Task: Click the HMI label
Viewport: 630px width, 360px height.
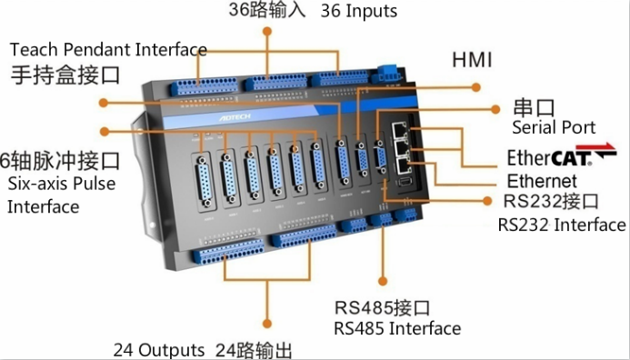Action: (x=472, y=60)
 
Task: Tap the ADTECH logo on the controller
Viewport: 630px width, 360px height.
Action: (x=235, y=117)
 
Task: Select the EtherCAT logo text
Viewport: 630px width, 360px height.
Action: (x=550, y=158)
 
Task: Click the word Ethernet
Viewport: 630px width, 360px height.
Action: (x=542, y=181)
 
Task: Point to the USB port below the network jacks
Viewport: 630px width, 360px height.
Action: (x=405, y=182)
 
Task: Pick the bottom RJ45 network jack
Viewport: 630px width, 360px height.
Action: (x=404, y=165)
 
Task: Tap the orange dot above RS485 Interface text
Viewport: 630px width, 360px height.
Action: (x=383, y=281)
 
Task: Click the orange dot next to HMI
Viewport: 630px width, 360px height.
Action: (x=475, y=87)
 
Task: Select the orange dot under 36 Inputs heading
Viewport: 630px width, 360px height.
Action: (x=266, y=31)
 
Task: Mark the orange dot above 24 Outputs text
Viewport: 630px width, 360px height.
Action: (x=267, y=324)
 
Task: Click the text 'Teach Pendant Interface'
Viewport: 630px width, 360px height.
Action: (x=108, y=50)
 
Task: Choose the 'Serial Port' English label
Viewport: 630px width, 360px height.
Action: (x=554, y=127)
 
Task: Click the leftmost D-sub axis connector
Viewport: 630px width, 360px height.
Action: (x=205, y=180)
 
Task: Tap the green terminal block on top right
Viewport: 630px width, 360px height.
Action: (x=385, y=73)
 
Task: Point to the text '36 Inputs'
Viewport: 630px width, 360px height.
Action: (x=359, y=11)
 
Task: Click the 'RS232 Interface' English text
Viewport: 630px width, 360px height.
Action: (x=562, y=225)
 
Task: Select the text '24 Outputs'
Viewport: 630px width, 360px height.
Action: (x=159, y=350)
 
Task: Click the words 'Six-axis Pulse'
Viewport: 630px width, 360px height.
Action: (x=62, y=184)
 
